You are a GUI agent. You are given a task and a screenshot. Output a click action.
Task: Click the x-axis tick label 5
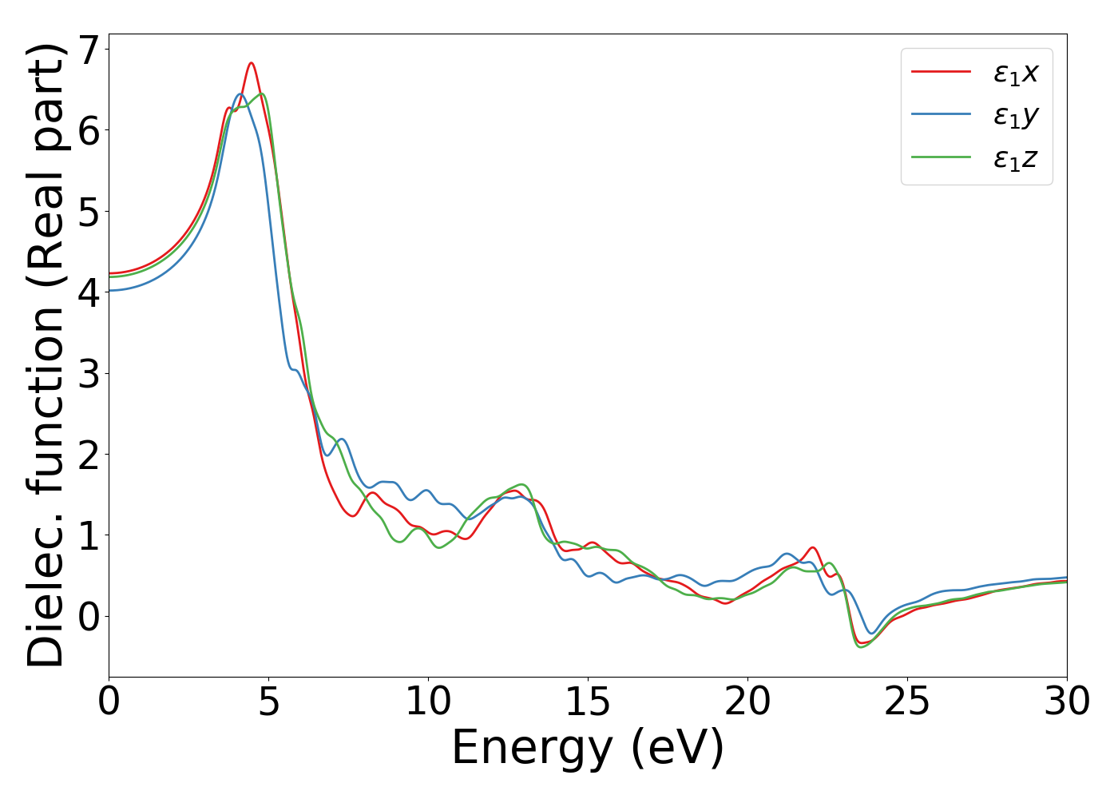click(268, 702)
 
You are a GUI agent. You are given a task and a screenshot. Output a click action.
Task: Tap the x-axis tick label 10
click(428, 702)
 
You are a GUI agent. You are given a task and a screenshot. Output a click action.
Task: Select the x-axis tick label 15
click(588, 702)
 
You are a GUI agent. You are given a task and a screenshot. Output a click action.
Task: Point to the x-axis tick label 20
click(747, 702)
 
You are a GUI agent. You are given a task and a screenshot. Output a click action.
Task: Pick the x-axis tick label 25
click(907, 702)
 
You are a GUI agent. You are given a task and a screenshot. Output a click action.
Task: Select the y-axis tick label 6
click(89, 131)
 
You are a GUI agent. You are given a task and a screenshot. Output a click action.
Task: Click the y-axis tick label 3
click(89, 374)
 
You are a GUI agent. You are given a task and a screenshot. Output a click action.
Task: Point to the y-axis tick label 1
click(89, 535)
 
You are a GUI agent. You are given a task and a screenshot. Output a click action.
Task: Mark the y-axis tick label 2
click(89, 455)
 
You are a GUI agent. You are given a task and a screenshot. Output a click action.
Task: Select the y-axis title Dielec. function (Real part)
click(46, 355)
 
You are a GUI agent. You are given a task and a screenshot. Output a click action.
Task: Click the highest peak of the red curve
click(252, 63)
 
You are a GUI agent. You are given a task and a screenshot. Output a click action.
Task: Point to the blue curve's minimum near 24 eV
click(872, 634)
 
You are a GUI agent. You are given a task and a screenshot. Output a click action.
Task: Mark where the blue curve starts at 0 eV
click(110, 291)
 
